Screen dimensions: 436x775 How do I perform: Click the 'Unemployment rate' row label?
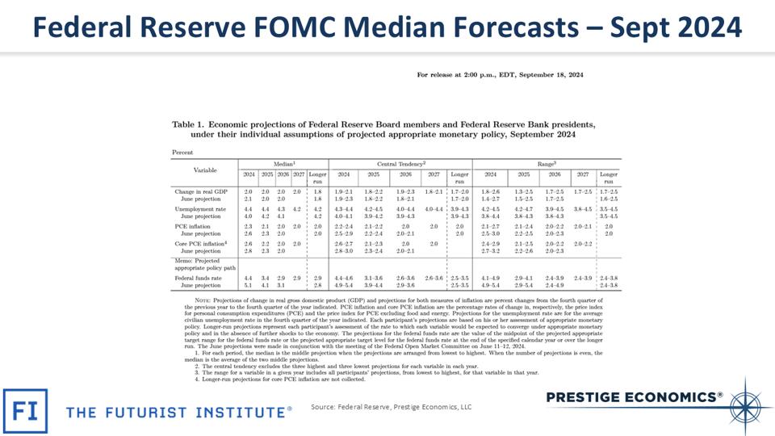(x=200, y=209)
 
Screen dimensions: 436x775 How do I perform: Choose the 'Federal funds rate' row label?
(x=199, y=278)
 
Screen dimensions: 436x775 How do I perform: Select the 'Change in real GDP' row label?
(x=200, y=191)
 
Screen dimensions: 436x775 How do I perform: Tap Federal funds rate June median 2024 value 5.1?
(x=249, y=285)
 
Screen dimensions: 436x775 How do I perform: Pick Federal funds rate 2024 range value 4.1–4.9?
(x=490, y=278)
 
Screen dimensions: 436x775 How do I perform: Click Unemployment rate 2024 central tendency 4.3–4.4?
(x=343, y=209)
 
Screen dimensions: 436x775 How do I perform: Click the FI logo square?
(x=25, y=411)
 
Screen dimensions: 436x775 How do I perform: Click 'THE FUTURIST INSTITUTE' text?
(x=178, y=412)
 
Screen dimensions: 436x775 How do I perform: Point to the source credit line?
(x=391, y=408)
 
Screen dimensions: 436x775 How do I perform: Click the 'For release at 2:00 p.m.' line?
(x=500, y=75)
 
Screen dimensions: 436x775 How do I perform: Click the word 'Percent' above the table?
(x=182, y=152)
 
